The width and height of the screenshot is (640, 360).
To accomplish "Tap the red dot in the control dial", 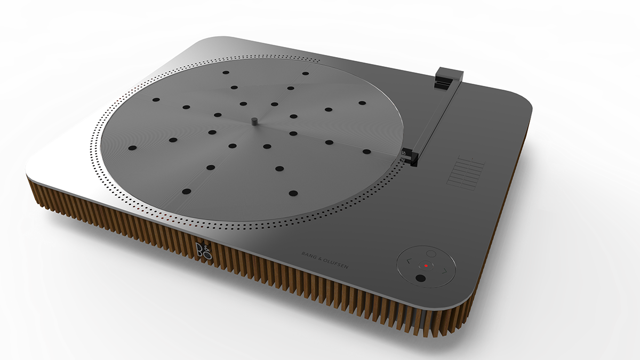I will coord(426,265).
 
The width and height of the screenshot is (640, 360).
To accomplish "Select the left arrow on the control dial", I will coord(409,261).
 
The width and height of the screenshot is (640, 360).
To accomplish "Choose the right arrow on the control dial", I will coord(442,270).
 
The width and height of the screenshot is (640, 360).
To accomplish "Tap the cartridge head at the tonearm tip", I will coord(408,156).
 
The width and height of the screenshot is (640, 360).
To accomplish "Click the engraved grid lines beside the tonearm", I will coord(466,171).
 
